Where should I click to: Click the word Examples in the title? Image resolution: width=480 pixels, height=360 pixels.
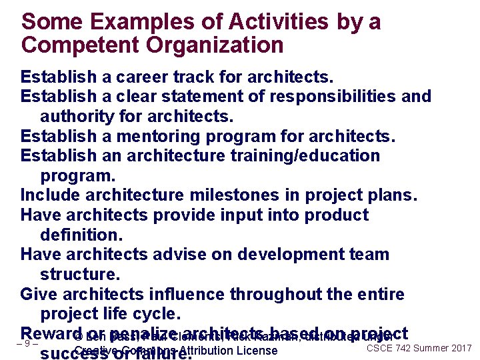click(x=133, y=21)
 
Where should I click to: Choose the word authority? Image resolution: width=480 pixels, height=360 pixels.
click(x=78, y=117)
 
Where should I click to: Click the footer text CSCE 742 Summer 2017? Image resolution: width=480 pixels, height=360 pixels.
click(x=419, y=348)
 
